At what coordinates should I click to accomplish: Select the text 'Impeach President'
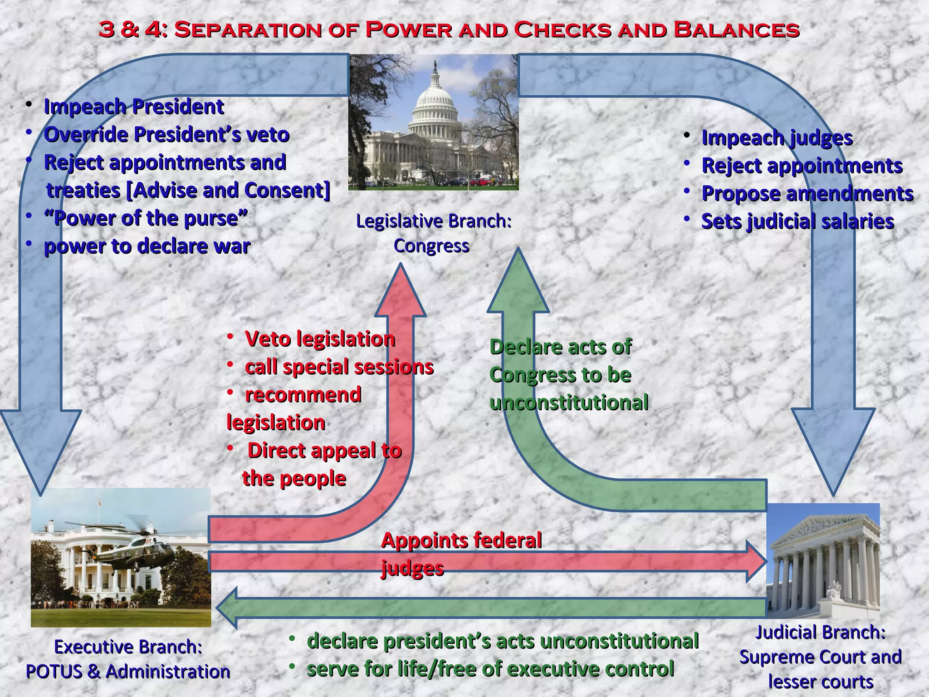click(x=134, y=107)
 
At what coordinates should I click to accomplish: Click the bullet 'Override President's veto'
click(x=166, y=135)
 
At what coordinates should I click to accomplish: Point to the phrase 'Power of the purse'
click(x=146, y=218)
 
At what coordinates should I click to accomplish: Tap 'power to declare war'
click(x=147, y=246)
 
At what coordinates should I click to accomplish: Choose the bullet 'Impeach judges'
click(x=777, y=138)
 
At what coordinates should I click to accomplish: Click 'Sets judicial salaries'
click(x=797, y=222)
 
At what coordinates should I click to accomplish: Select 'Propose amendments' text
click(x=807, y=194)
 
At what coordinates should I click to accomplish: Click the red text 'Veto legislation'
click(x=320, y=339)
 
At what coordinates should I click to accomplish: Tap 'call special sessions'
click(x=339, y=367)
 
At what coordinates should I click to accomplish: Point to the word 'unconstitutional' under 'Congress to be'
click(x=569, y=403)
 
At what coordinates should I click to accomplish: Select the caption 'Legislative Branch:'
click(x=434, y=221)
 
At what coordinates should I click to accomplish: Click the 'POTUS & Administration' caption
click(x=128, y=672)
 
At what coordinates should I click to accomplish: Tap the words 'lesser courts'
click(x=821, y=682)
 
